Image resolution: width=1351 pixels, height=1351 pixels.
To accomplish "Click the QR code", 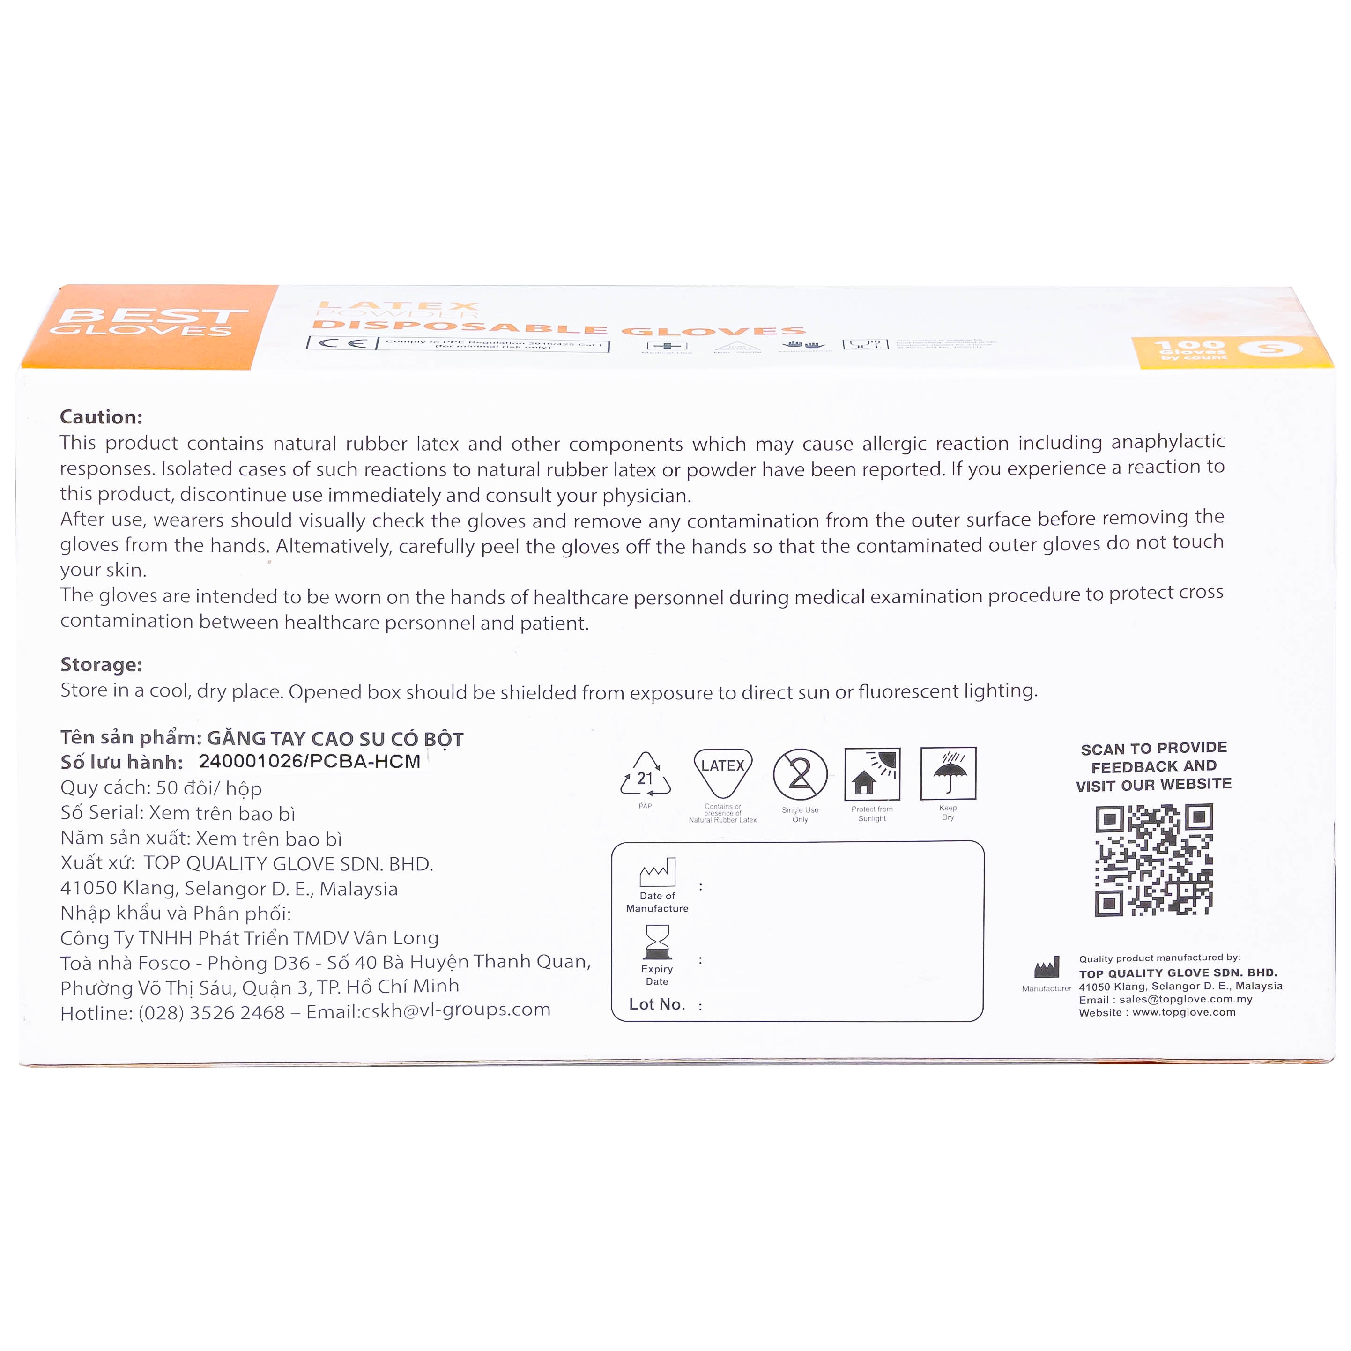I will click(1153, 860).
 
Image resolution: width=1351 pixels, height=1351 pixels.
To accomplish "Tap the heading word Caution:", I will click(101, 417).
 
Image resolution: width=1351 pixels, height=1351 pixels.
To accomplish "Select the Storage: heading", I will click(101, 664).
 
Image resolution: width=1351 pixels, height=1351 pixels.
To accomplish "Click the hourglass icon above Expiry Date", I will click(657, 942).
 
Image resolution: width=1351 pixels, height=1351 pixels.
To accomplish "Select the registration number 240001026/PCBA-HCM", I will click(309, 762).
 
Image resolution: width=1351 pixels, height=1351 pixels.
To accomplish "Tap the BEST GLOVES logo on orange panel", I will click(147, 323).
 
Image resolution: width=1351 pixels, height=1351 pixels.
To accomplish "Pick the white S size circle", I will click(1270, 348).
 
